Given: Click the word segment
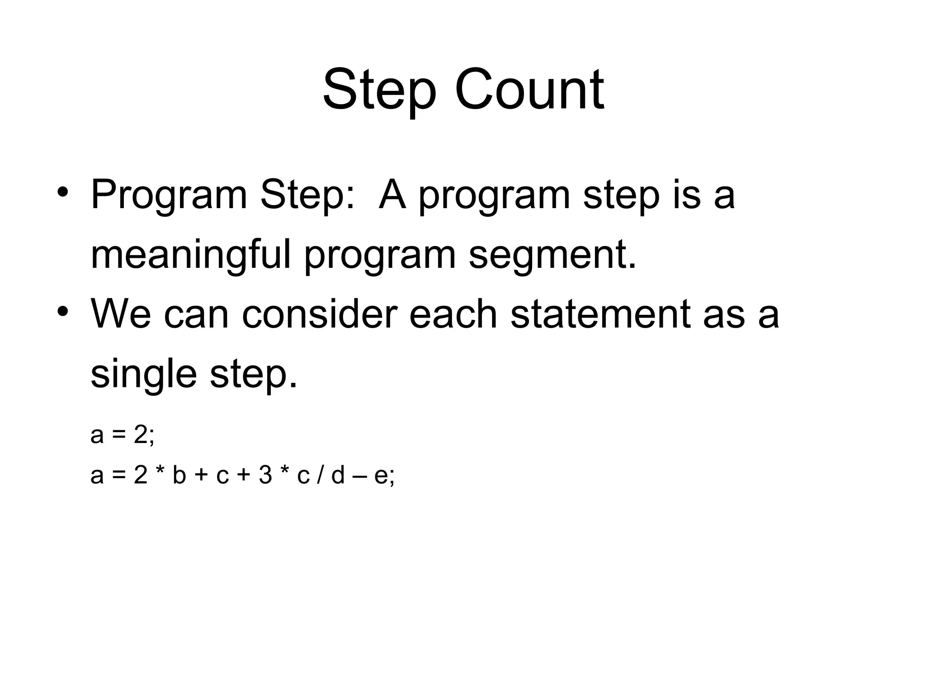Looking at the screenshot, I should coord(552,256).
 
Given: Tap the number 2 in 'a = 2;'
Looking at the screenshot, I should coord(140,435).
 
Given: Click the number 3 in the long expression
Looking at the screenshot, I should coord(265,475).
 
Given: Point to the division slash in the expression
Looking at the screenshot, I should coord(320,475).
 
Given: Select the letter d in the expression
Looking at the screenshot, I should coord(338,475).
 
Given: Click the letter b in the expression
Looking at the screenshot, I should coord(179,475).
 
